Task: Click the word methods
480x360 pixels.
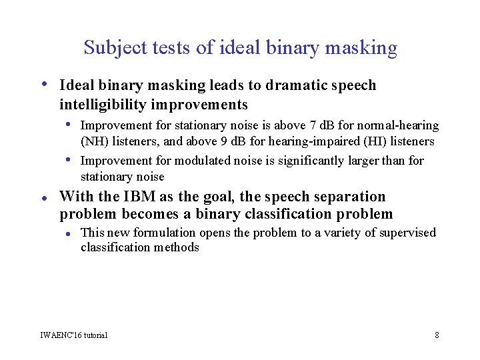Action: (175, 247)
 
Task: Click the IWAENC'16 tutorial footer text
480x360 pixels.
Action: (74, 335)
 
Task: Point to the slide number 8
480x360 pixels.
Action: (437, 335)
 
